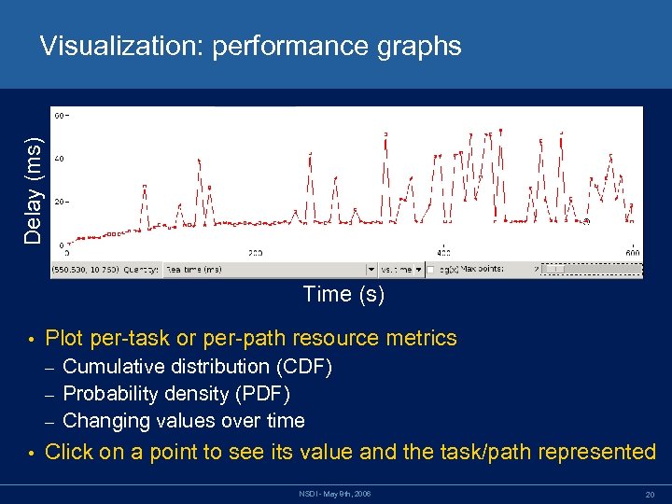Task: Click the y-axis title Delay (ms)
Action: pos(34,191)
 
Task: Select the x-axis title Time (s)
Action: pos(343,295)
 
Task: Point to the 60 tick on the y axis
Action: pos(59,116)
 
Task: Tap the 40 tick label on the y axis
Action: pos(59,160)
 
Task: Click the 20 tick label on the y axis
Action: pos(59,202)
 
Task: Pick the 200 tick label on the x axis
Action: pos(255,253)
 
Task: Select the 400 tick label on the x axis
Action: pos(443,253)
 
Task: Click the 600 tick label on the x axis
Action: pos(632,253)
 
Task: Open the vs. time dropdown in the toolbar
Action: pos(401,269)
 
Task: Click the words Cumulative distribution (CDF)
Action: pos(197,367)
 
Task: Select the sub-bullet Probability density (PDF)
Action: pos(176,394)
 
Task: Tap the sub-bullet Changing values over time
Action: pos(183,421)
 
